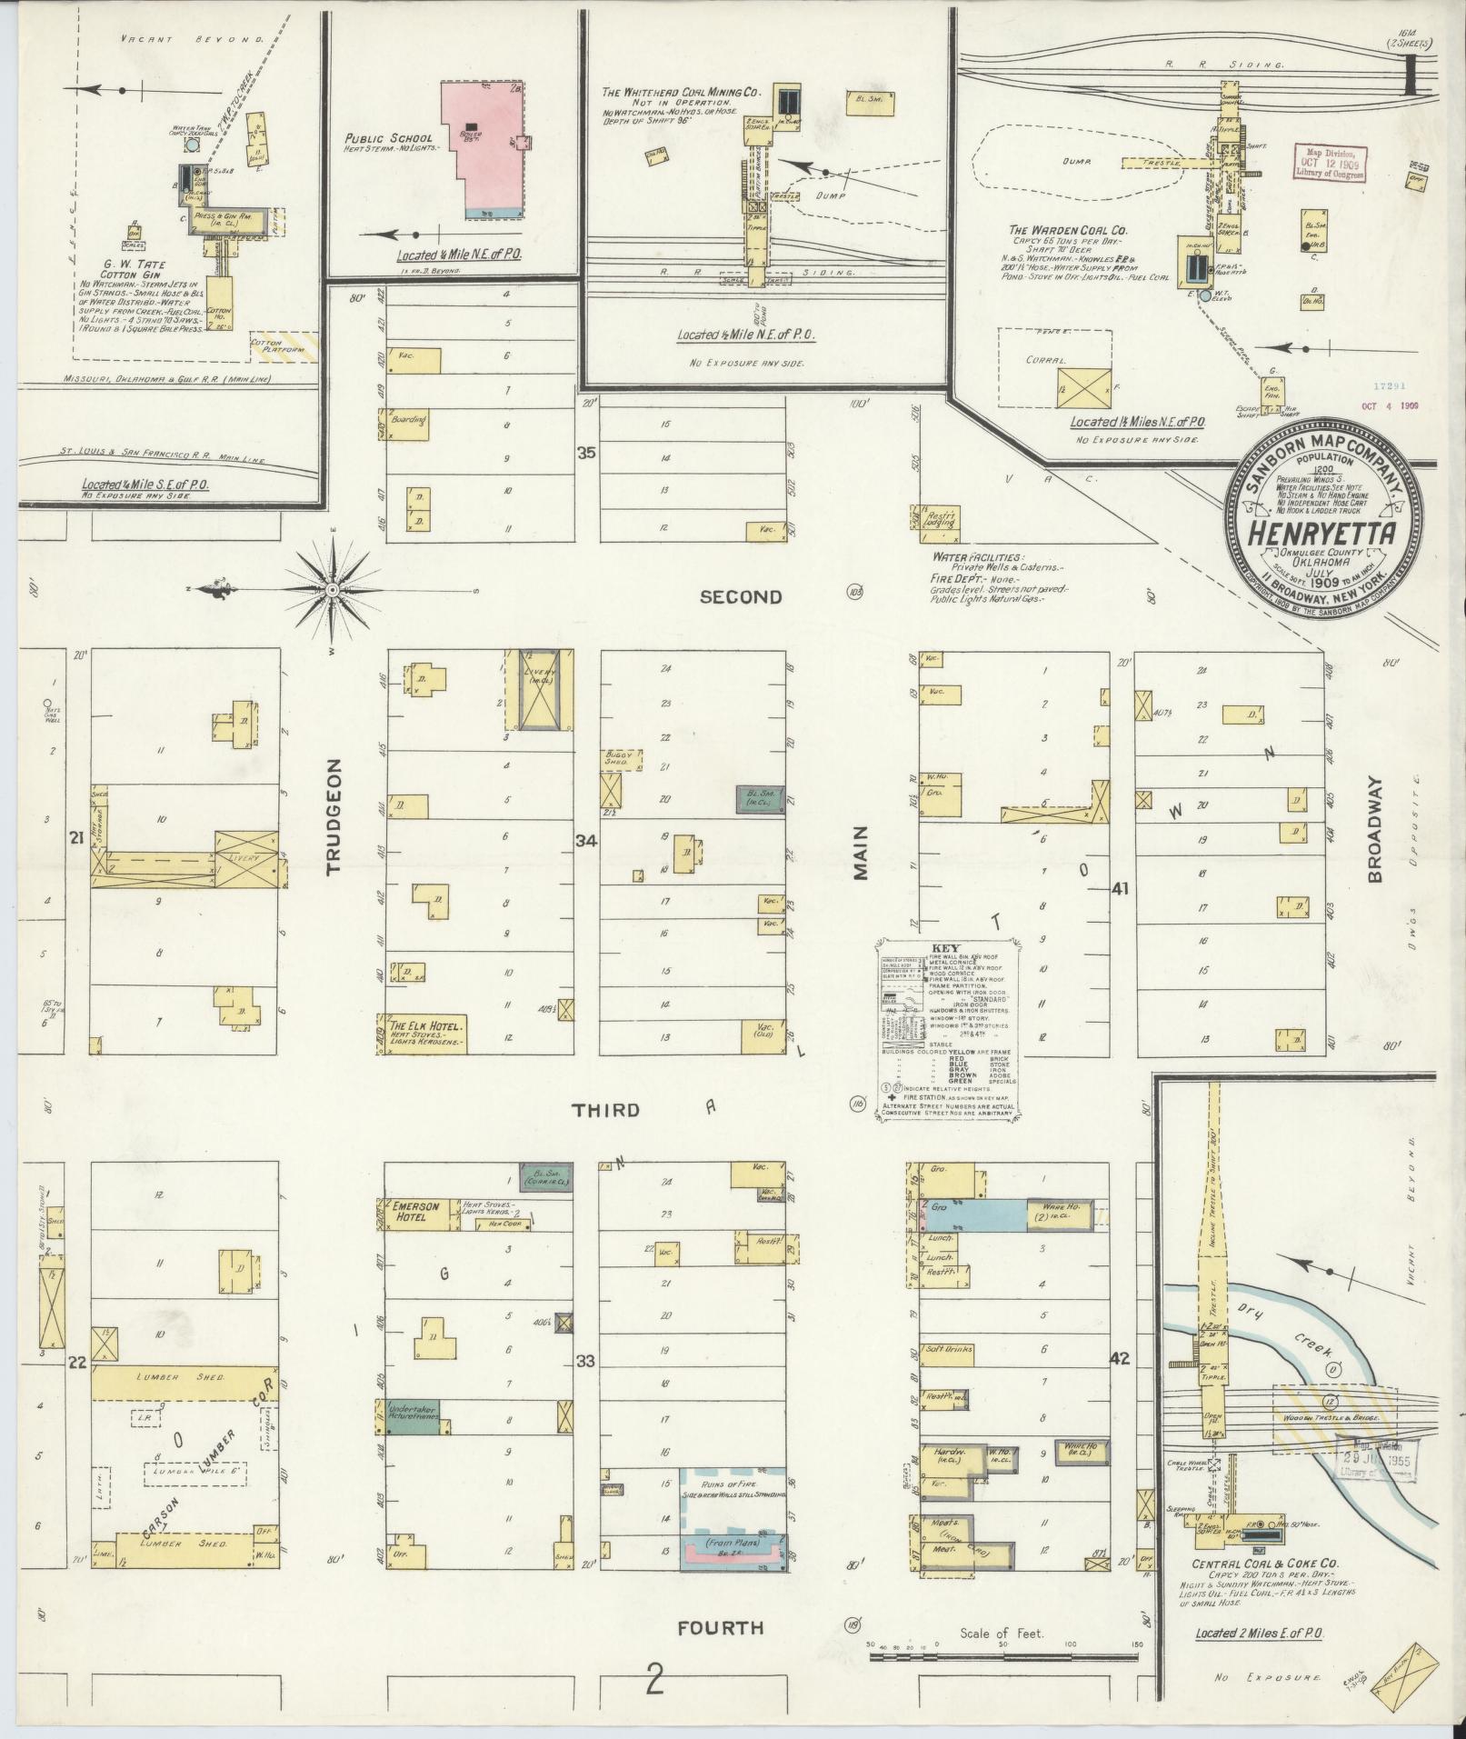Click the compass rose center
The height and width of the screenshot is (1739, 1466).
(333, 590)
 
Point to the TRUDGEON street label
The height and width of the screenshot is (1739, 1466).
(333, 815)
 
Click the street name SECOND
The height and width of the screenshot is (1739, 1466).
(741, 596)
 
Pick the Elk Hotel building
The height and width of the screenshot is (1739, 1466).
(423, 1034)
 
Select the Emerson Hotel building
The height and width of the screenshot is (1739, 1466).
(415, 1214)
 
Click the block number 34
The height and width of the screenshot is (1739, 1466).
(586, 841)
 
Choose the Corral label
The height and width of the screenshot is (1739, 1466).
(1048, 360)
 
